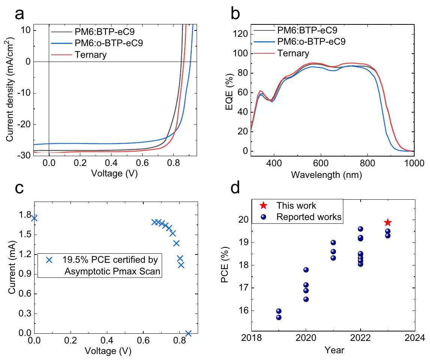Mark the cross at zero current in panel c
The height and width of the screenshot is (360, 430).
pyautogui.click(x=188, y=333)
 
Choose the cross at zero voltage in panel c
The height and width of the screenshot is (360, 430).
pyautogui.click(x=35, y=218)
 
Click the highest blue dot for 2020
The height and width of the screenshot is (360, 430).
pyautogui.click(x=306, y=270)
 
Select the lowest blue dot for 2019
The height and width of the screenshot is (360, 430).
pyautogui.click(x=279, y=317)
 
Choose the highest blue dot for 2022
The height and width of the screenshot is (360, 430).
pyautogui.click(x=360, y=229)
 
